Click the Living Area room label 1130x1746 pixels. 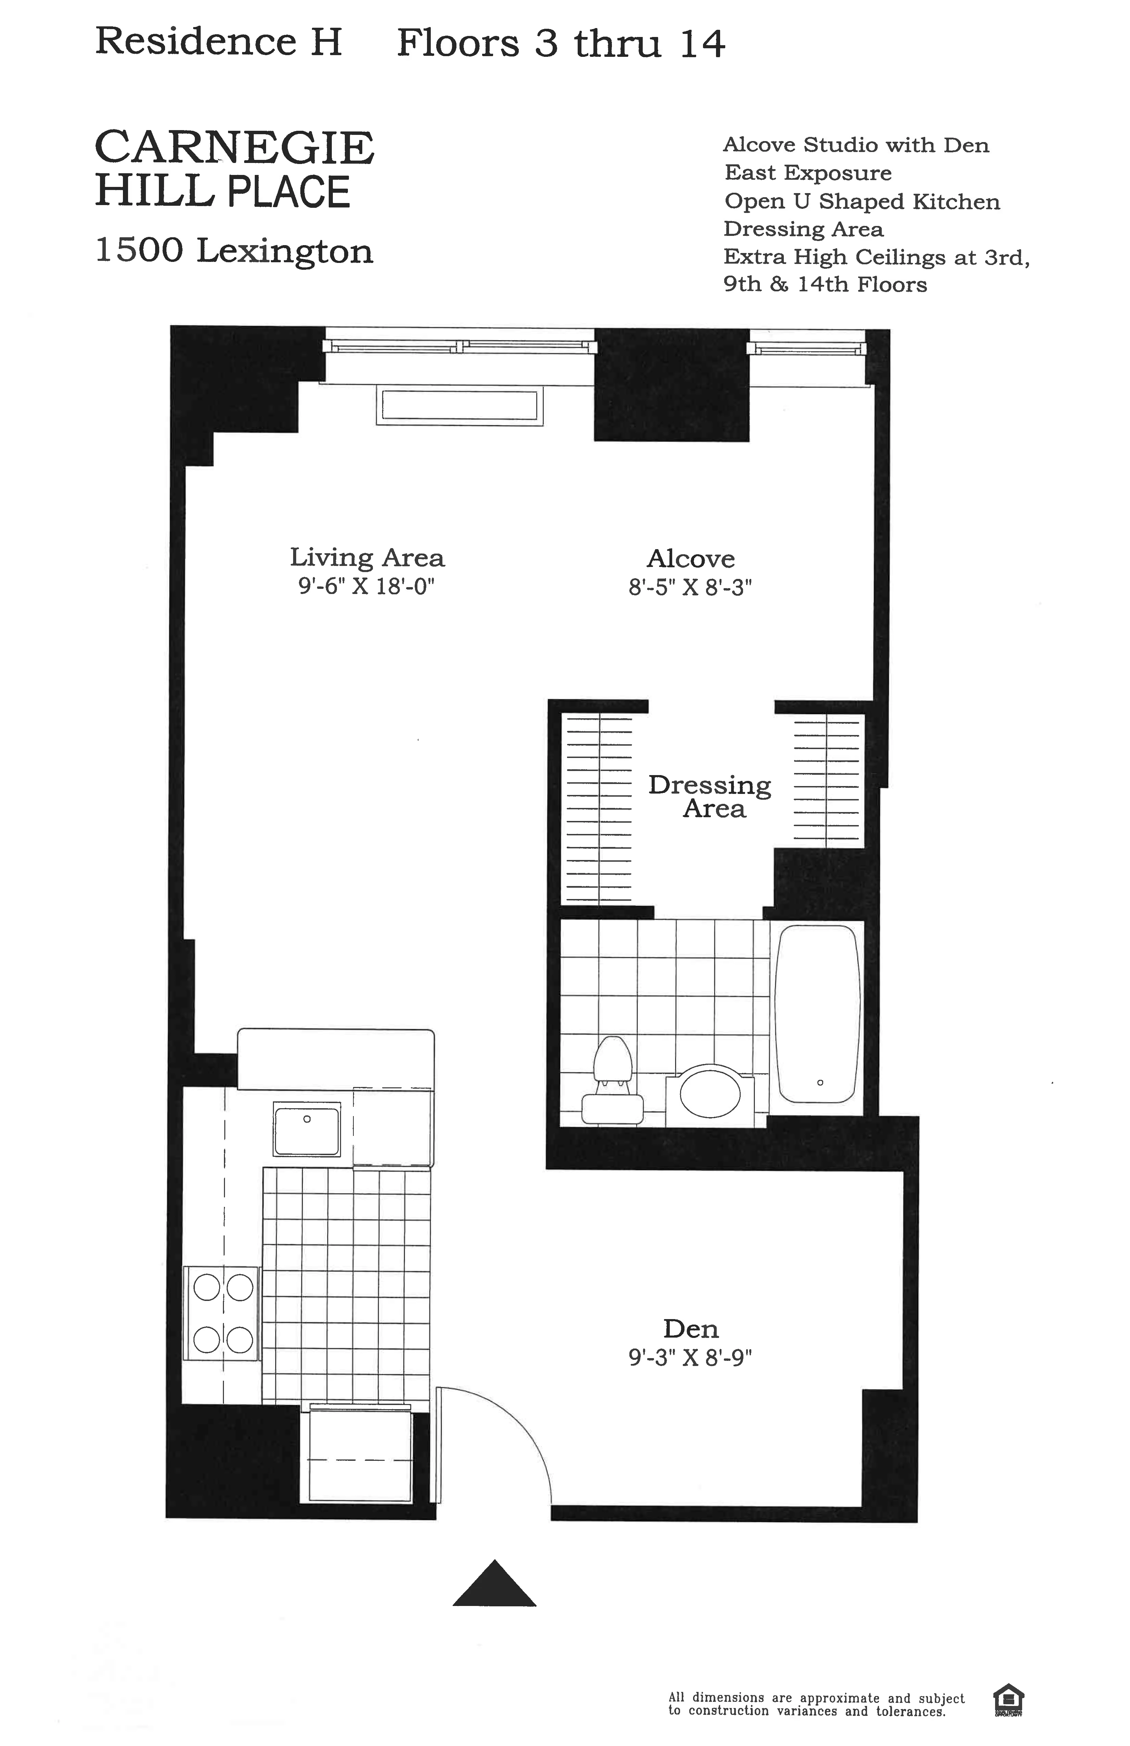(x=367, y=558)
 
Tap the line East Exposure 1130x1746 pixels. (x=808, y=173)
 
